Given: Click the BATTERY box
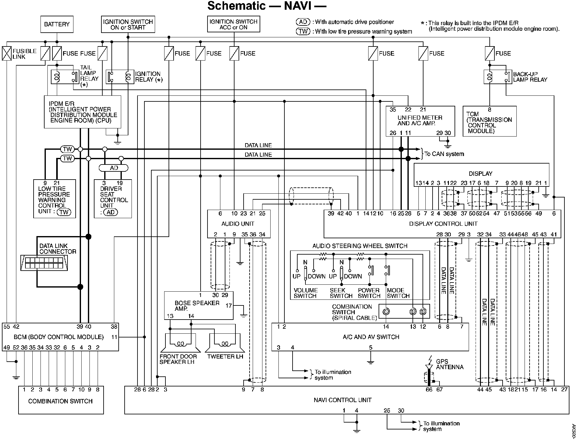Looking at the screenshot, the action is tap(57, 24).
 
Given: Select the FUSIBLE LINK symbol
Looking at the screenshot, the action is tap(7, 53).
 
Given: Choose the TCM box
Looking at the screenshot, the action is tap(490, 121).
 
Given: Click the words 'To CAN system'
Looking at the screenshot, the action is tap(444, 154).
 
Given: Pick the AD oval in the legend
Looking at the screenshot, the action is tap(303, 22).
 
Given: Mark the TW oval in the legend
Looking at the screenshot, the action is tap(303, 31).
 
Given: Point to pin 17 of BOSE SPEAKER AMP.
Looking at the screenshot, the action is tap(229, 305).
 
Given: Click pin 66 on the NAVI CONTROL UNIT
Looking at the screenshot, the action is tap(429, 390).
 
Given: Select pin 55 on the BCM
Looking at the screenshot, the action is tap(7, 326).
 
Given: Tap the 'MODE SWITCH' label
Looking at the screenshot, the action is tap(398, 293).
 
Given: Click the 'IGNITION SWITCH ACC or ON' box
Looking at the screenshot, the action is tap(234, 24).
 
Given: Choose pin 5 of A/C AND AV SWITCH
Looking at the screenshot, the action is tap(371, 348).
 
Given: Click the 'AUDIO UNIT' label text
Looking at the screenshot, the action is tap(238, 224).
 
